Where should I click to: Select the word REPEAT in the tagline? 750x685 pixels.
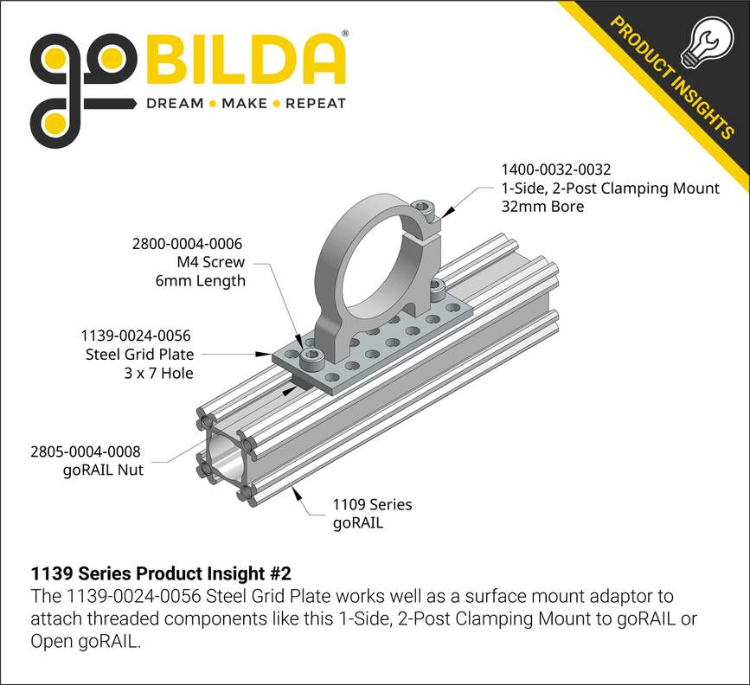[x=315, y=104]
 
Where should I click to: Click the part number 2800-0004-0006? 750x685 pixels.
[x=187, y=244]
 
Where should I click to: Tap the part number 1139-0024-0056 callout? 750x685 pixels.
[x=135, y=336]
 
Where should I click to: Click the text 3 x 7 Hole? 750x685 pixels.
[x=157, y=373]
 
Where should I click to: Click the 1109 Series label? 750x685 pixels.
[x=372, y=504]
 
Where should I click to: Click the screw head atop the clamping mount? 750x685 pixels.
[x=422, y=207]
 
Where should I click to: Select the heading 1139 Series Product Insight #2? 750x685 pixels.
[x=161, y=573]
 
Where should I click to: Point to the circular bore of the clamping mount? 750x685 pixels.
[x=372, y=264]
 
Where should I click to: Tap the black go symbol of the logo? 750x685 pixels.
[x=82, y=82]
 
